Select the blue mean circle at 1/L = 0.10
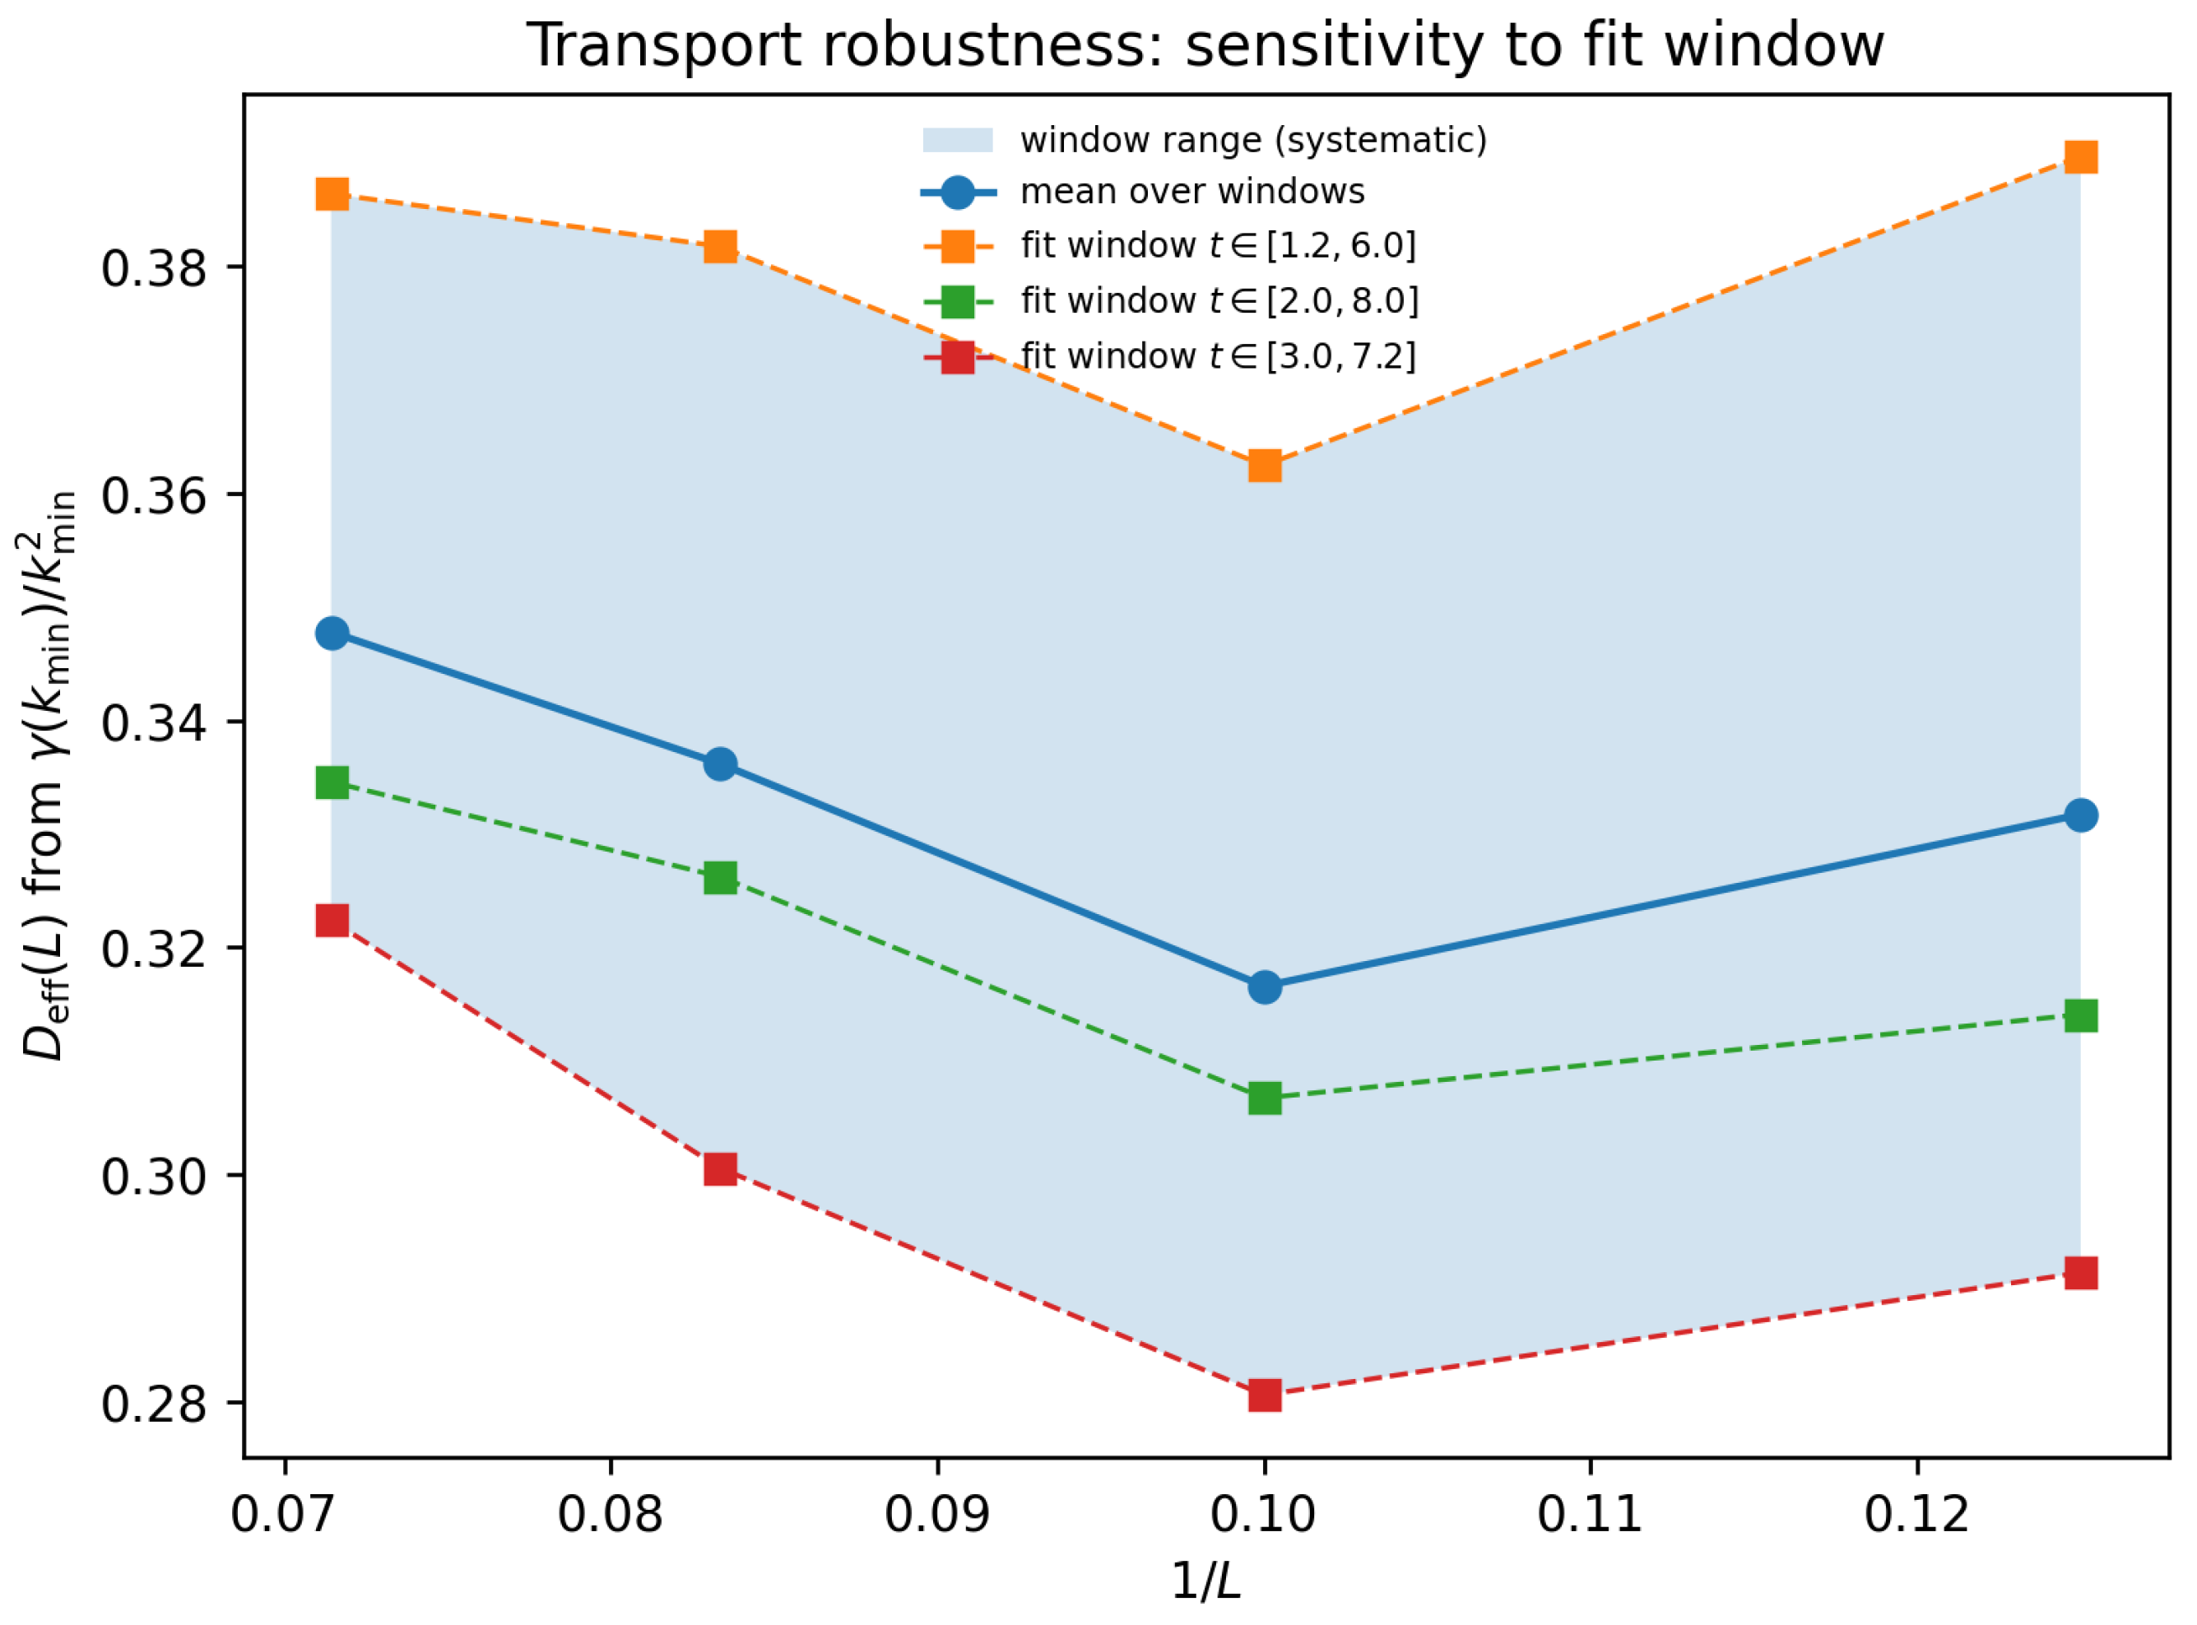(1265, 987)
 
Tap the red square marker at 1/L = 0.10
(1265, 1395)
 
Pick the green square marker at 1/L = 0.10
(1265, 1098)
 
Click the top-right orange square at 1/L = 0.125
(2080, 156)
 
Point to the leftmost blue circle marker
(332, 633)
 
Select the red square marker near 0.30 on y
(720, 1168)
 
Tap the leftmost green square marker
(332, 783)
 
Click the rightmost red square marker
(2080, 1274)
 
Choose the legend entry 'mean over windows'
(1192, 192)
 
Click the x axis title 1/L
(1205, 1581)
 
